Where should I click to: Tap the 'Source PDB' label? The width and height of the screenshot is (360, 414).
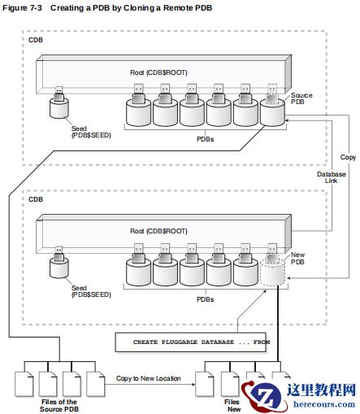click(301, 99)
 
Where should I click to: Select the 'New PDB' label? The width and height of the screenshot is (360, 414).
click(299, 259)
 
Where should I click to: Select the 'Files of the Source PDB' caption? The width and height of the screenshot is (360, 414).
click(59, 405)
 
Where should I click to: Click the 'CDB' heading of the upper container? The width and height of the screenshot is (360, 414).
click(36, 40)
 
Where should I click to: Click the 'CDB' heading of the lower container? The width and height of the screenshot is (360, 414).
click(36, 198)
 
